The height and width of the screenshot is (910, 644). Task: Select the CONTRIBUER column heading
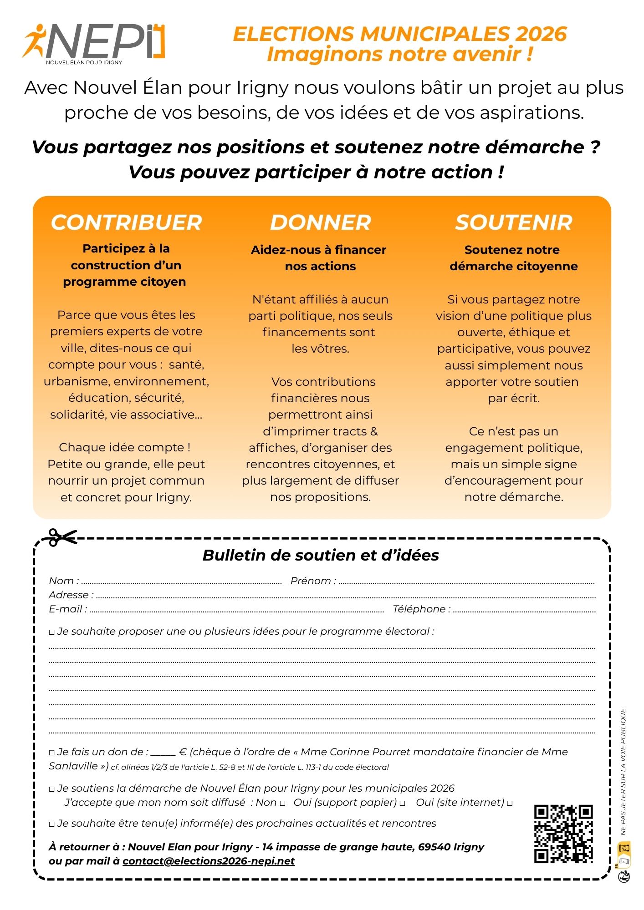[126, 222]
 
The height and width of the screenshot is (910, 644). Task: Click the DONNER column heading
[321, 222]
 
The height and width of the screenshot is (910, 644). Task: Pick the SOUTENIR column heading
[514, 222]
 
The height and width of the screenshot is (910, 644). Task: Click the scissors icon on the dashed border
[62, 537]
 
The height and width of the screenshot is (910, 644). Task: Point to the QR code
[563, 834]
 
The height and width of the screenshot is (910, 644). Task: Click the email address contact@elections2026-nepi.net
[209, 861]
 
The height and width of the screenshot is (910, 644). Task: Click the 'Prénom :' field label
[313, 581]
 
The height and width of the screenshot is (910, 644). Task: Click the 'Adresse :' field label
[71, 595]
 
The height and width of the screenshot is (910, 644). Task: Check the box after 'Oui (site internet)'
[510, 804]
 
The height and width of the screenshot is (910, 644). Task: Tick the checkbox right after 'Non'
[283, 804]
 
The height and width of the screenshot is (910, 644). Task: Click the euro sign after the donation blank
[183, 752]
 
